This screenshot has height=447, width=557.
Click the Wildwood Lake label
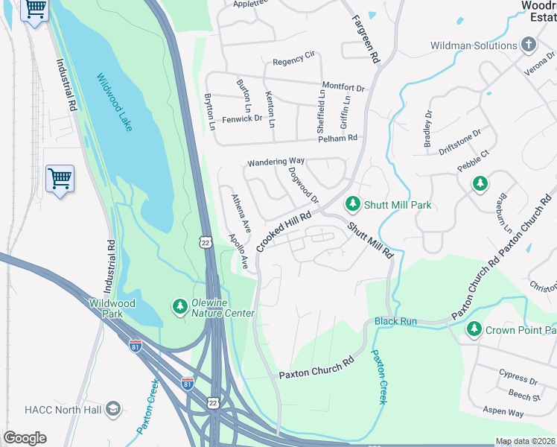[114, 102]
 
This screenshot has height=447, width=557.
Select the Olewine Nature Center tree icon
[179, 306]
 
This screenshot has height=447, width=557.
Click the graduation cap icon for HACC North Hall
[112, 408]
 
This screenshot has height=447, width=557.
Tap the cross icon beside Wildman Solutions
[529, 45]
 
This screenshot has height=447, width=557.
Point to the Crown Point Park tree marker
[474, 329]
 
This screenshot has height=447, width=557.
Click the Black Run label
[395, 321]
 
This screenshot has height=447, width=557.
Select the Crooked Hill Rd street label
[283, 229]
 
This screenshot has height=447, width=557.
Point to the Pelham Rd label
[337, 138]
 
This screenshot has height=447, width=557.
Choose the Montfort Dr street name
[343, 87]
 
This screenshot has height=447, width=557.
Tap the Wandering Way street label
[276, 161]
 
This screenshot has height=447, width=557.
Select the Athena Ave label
[240, 210]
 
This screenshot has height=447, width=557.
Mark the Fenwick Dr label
[243, 118]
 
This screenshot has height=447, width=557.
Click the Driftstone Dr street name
[460, 141]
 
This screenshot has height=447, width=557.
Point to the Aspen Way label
[504, 412]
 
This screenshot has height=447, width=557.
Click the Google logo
[25, 438]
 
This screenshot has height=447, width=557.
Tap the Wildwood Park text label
[112, 308]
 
